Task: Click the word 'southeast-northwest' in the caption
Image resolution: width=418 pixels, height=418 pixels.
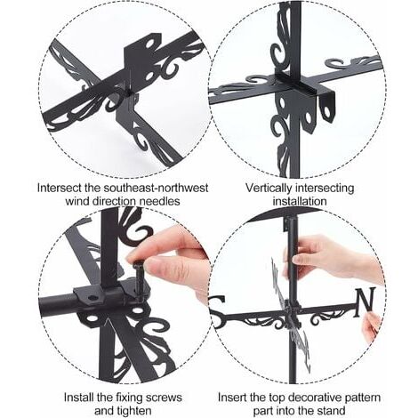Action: [156, 188]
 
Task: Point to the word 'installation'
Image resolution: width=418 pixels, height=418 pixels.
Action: [300, 201]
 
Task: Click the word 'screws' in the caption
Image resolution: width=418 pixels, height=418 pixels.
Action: [165, 398]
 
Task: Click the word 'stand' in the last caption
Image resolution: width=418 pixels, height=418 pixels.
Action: [331, 411]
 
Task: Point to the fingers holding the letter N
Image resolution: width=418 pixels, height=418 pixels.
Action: [373, 327]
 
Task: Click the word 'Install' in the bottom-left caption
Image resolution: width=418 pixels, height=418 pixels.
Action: [78, 398]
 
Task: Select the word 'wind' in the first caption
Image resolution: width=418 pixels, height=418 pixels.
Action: [77, 201]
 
